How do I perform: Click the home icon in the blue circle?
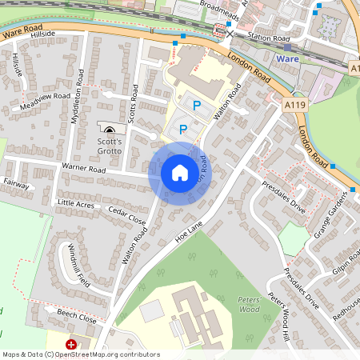(180, 172)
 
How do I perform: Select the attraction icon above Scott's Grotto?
(110, 128)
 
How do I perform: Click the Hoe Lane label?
(190, 232)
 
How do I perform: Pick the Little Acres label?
(76, 203)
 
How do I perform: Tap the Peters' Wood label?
(250, 303)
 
